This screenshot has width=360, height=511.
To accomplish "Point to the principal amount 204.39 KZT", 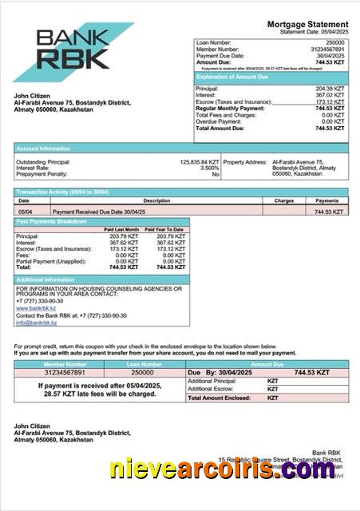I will point(330,89).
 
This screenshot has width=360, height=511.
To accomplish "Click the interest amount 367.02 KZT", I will point(330,95).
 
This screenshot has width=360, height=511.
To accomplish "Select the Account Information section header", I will point(39,148).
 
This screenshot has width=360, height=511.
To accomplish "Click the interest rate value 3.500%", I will point(209,168).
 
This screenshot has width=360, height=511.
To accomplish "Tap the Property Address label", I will point(245,162).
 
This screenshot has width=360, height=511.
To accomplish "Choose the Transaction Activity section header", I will point(62,192).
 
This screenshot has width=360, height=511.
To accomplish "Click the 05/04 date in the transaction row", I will point(25,212).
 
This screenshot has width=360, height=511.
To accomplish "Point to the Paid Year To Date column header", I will point(165,230).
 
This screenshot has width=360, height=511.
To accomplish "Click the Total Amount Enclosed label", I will point(220,398).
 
